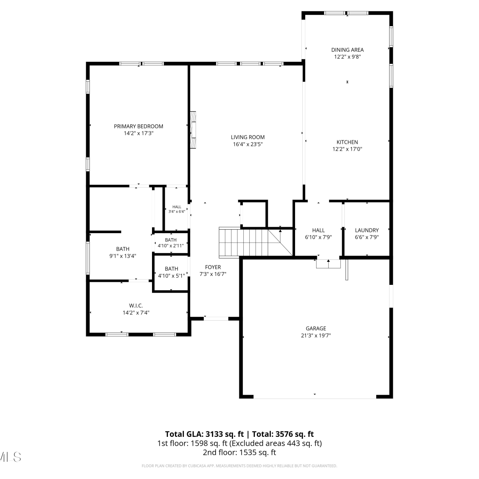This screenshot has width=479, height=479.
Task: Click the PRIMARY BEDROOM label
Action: pyautogui.click(x=139, y=126)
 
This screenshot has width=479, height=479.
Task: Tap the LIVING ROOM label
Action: pyautogui.click(x=248, y=137)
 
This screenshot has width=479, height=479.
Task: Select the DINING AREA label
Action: pyautogui.click(x=347, y=50)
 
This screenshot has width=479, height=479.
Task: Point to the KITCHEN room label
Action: pyautogui.click(x=347, y=142)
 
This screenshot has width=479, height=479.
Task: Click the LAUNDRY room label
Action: pyautogui.click(x=367, y=230)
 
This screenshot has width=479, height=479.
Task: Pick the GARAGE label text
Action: pyautogui.click(x=316, y=328)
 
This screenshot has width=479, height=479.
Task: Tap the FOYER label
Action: pyautogui.click(x=213, y=267)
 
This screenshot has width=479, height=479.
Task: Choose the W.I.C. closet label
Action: pyautogui.click(x=136, y=306)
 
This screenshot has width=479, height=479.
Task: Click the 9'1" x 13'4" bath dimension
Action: pyautogui.click(x=123, y=256)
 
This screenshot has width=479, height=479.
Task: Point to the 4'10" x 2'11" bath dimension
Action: pyautogui.click(x=171, y=246)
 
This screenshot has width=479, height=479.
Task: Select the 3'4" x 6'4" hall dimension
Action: pyautogui.click(x=177, y=211)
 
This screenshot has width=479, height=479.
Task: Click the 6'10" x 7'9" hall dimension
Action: pyautogui.click(x=319, y=237)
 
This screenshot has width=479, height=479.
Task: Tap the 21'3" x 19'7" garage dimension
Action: pyautogui.click(x=316, y=335)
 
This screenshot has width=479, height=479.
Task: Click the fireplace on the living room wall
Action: pyautogui.click(x=193, y=130)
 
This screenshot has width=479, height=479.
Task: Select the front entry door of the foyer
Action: pyautogui.click(x=216, y=318)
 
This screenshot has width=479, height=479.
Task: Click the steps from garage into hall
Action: pyautogui.click(x=328, y=264)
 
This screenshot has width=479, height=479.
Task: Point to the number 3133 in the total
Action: pyautogui.click(x=215, y=434)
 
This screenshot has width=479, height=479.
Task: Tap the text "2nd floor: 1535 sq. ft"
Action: pyautogui.click(x=240, y=452)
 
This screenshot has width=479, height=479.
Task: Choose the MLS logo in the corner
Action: pyautogui.click(x=10, y=457)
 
